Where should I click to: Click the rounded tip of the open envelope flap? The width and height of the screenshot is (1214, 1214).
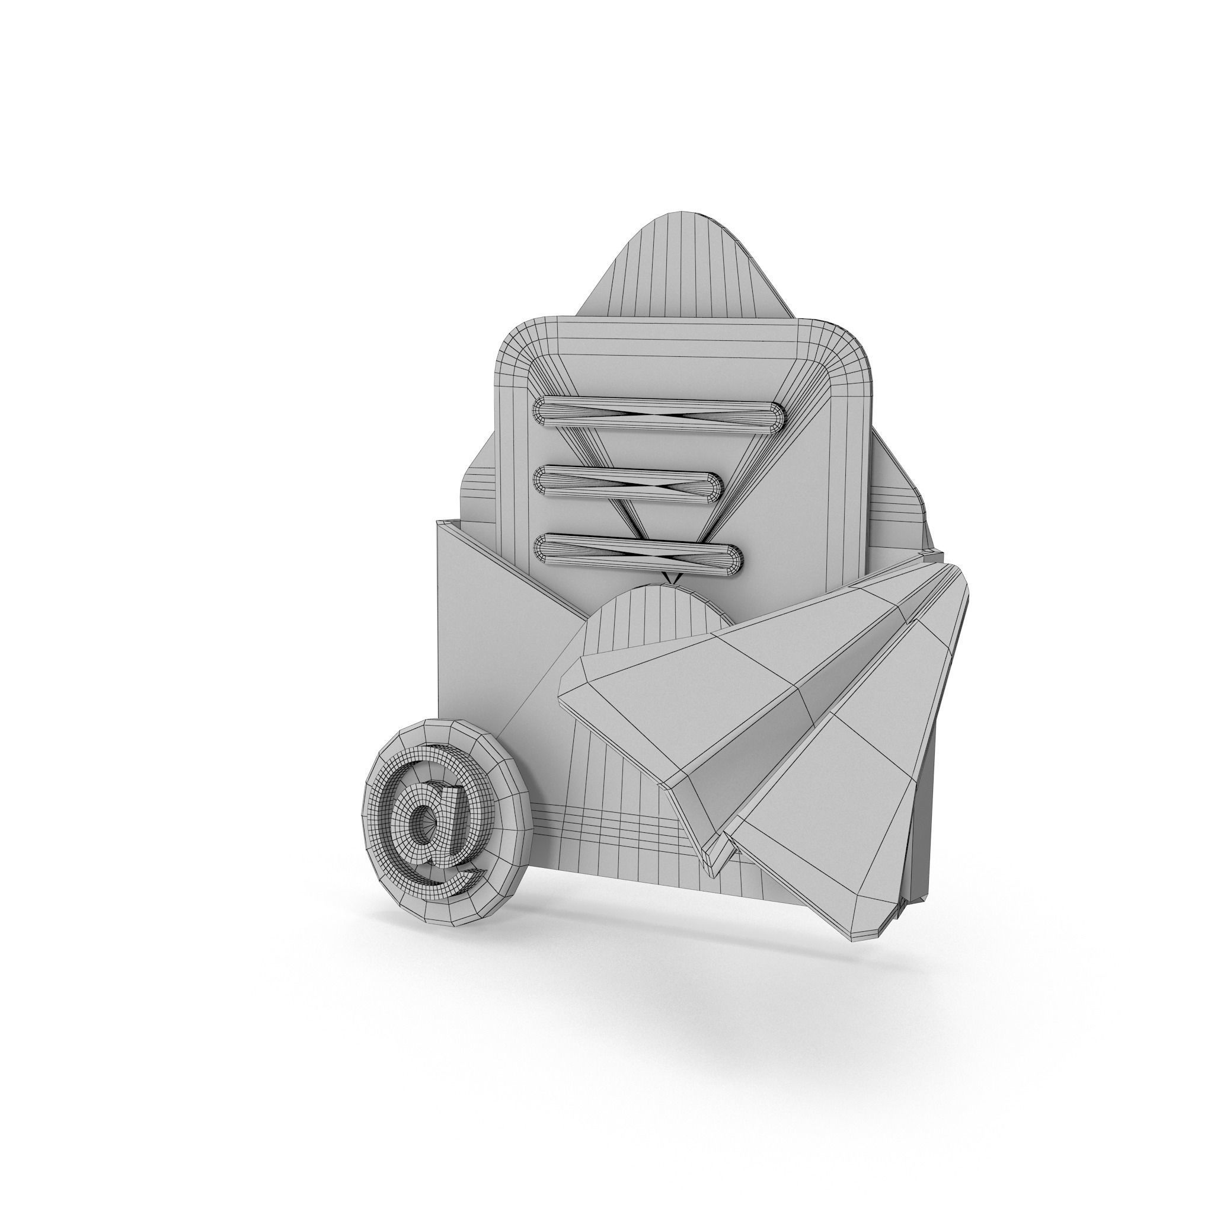(x=685, y=220)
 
